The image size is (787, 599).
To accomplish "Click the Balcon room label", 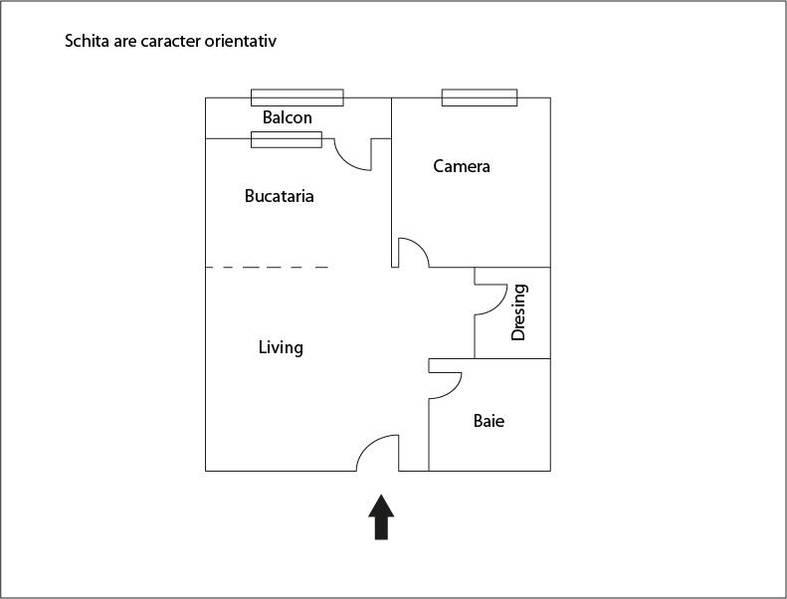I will [287, 117].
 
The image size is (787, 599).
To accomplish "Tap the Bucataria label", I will [279, 196].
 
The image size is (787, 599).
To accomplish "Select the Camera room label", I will [462, 166].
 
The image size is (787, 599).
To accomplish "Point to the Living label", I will [281, 347].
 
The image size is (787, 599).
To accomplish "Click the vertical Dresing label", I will [518, 312].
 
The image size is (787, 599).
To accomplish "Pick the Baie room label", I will [489, 421].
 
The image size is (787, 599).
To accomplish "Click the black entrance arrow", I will [382, 516].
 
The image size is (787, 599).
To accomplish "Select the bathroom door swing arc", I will [450, 382].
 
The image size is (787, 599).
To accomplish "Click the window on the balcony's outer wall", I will [296, 98].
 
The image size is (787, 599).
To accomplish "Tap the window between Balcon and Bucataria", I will [286, 139].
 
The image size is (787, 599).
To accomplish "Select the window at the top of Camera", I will [480, 98].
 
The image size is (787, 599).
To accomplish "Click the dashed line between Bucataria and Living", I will [267, 268].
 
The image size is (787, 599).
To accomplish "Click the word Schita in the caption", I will [86, 42].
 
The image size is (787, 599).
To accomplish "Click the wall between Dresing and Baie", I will [511, 358].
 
